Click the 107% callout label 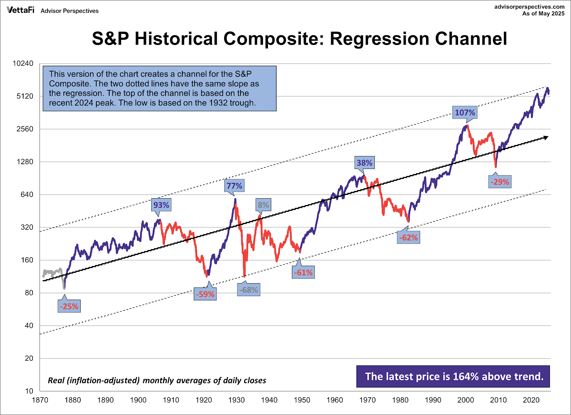click(465, 113)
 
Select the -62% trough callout click(409, 237)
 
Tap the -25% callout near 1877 click(69, 306)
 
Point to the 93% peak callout click(161, 205)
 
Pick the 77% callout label click(234, 186)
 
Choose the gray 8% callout click(263, 205)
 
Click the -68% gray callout click(249, 290)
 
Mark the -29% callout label click(500, 182)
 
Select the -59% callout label click(205, 294)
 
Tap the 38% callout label click(364, 163)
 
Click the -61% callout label click(303, 272)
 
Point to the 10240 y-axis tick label click(23, 64)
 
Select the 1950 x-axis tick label click(302, 400)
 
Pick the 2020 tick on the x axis click(531, 400)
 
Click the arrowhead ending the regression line click(545, 137)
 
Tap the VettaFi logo click(21, 10)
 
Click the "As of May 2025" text click(543, 14)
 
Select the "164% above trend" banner click(453, 376)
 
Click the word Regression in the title click(378, 39)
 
